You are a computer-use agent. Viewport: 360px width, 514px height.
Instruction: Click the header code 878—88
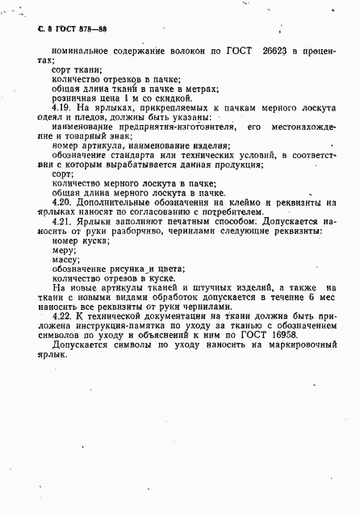click(91, 28)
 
